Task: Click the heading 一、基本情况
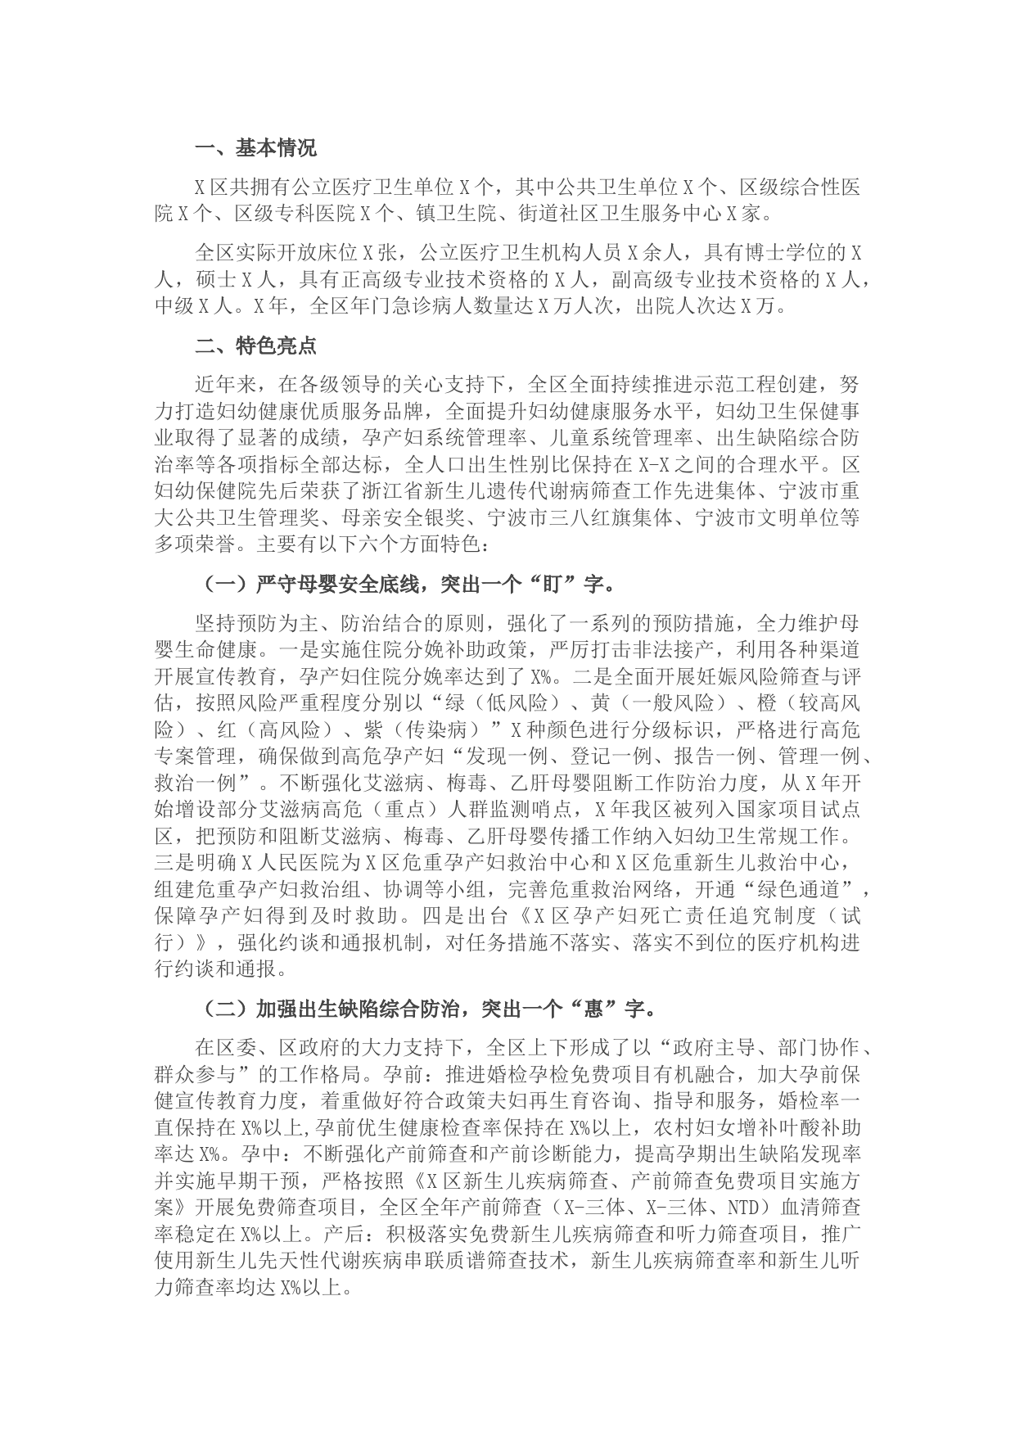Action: [x=255, y=148]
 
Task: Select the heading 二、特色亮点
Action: [x=255, y=345]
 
